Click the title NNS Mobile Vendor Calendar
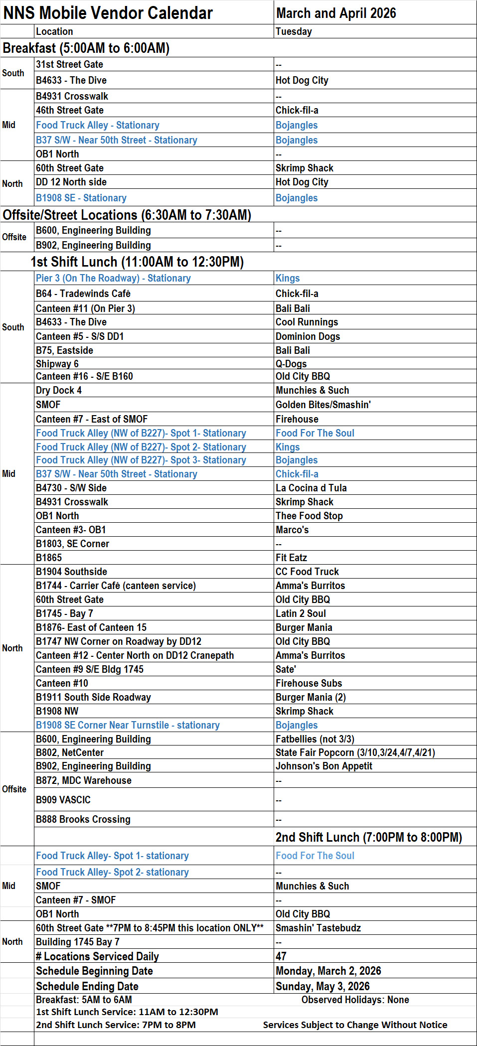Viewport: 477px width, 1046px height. (108, 13)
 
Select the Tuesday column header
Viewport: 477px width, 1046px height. (294, 31)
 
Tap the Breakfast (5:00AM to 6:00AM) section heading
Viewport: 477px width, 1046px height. (86, 48)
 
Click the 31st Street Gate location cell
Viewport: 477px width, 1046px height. (69, 64)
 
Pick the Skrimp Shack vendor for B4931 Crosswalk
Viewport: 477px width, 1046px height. (304, 502)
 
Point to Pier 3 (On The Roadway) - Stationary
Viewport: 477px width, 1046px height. (113, 278)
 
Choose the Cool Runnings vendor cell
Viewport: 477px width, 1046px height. (307, 322)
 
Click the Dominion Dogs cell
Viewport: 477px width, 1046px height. (308, 336)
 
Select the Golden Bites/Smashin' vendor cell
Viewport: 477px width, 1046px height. (323, 405)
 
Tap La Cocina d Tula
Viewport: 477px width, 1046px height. (311, 488)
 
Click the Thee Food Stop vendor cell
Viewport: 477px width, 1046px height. (309, 516)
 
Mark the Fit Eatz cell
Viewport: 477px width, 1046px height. (291, 558)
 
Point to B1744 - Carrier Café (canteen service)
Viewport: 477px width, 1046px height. (116, 586)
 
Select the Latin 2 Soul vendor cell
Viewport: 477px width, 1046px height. (301, 613)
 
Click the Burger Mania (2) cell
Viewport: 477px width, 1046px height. (311, 697)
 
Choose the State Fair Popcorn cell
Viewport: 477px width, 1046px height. (355, 752)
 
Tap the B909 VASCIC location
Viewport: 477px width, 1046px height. (63, 800)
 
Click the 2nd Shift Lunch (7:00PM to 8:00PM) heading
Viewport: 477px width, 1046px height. (368, 837)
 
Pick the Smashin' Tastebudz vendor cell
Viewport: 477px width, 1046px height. (318, 928)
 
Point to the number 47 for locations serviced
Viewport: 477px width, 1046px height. (281, 956)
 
